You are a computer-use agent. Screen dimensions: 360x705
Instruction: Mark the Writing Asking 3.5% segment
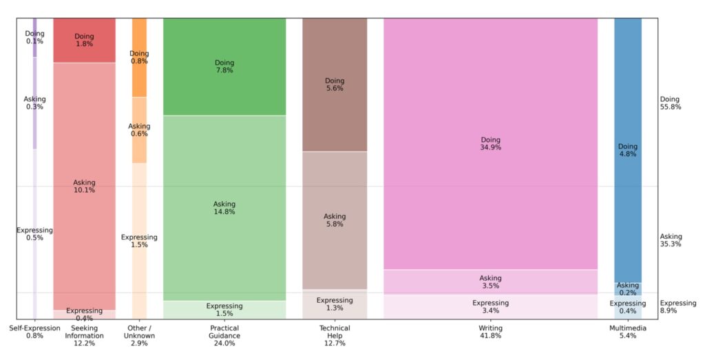[x=490, y=282]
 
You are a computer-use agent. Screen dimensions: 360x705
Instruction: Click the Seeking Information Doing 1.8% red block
[x=84, y=40]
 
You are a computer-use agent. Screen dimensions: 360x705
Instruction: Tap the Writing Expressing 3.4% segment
[x=490, y=307]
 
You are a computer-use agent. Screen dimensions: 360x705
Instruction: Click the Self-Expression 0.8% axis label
[x=35, y=332]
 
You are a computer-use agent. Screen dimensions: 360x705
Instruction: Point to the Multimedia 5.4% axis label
[x=627, y=332]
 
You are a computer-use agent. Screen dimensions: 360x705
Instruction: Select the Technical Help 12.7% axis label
[x=335, y=335]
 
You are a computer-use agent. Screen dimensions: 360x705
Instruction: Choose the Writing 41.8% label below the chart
[x=490, y=332]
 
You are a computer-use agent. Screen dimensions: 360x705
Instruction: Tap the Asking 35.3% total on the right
[x=671, y=240]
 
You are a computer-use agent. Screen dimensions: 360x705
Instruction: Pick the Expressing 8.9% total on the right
[x=677, y=307]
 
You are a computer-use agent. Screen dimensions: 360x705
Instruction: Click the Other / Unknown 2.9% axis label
[x=139, y=335]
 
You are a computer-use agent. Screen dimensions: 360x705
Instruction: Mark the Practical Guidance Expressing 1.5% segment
[x=224, y=310]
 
